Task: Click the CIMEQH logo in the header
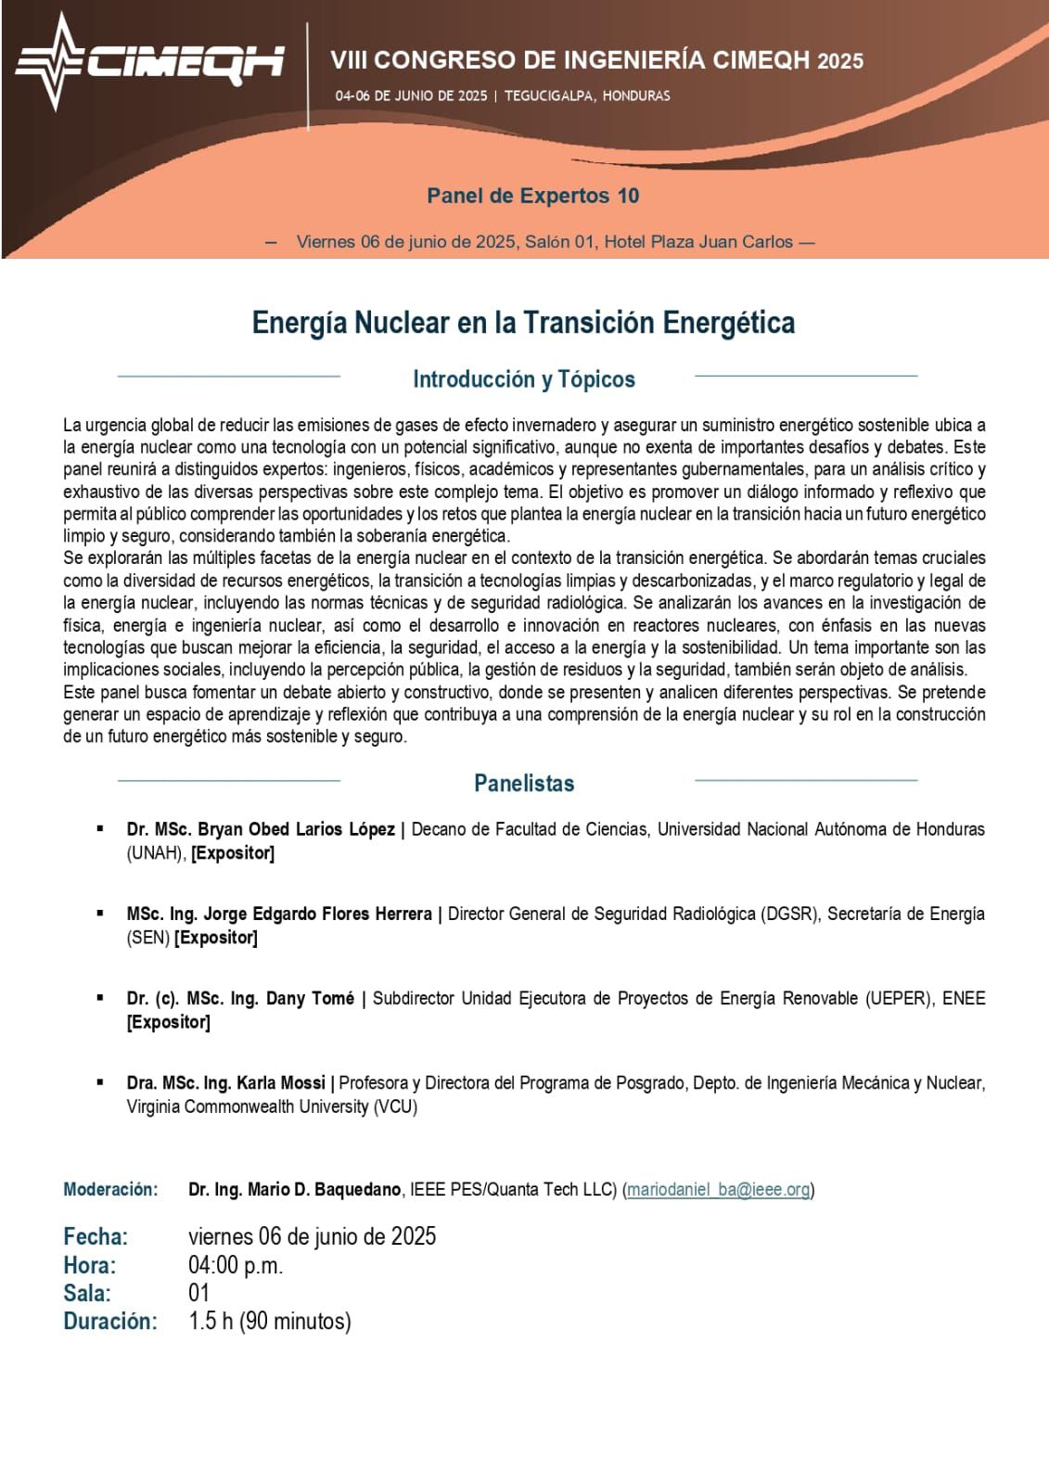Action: point(148,61)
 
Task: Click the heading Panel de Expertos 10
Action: point(532,196)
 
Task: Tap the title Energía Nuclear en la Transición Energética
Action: point(523,323)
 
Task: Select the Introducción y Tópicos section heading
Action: point(523,379)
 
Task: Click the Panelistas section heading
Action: point(523,783)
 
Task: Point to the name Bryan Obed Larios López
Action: point(296,829)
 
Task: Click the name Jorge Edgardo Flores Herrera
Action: point(317,914)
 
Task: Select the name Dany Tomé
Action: point(310,998)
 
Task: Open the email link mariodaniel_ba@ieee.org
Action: point(719,1189)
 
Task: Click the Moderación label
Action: point(110,1189)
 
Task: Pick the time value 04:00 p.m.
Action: point(236,1265)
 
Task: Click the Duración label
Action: point(109,1321)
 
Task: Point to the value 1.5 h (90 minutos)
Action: point(269,1321)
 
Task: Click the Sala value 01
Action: point(198,1293)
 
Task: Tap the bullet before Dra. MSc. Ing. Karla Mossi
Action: point(100,1081)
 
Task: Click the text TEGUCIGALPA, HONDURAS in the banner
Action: point(587,96)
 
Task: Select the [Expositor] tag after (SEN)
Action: point(216,938)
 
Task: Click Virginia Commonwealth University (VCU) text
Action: point(272,1107)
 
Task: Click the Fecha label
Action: point(96,1236)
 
